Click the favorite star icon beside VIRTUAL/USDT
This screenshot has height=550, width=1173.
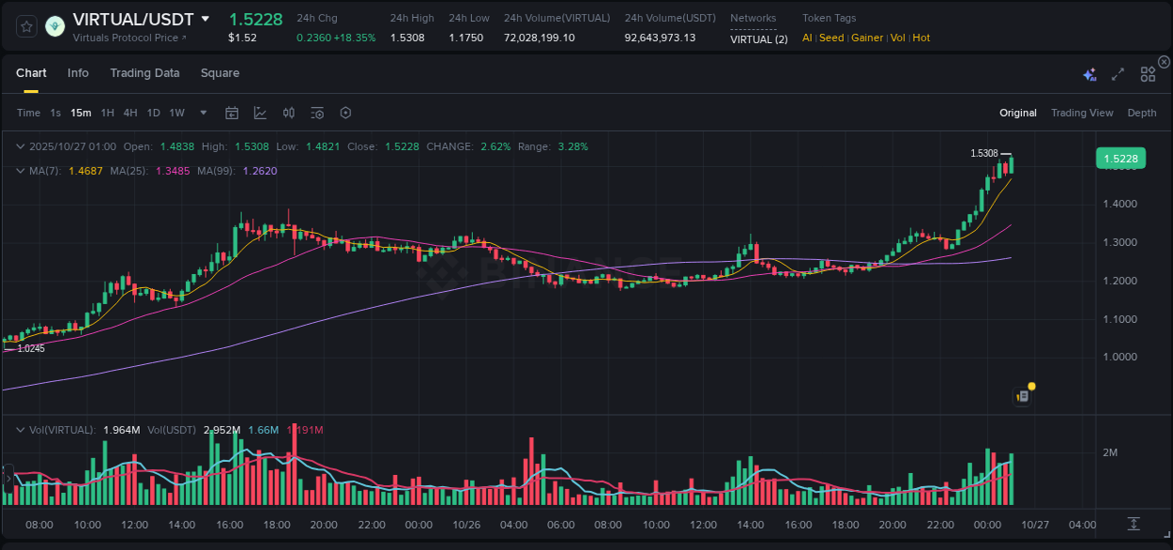27,26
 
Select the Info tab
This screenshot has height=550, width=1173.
78,73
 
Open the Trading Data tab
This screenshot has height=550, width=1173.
145,73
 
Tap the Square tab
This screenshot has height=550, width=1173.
220,73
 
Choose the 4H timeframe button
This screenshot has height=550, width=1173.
130,113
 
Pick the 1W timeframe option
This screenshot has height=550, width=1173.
176,113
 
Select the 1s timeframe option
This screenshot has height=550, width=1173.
55,113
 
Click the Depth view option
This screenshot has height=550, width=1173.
1142,113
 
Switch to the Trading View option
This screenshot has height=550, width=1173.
1082,113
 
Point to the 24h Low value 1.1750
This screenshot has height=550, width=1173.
467,38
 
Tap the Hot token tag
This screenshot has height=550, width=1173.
921,38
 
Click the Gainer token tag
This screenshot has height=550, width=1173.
868,38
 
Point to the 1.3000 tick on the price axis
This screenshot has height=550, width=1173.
1120,242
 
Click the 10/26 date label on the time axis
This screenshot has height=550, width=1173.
466,525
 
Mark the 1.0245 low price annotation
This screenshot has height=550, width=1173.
31,348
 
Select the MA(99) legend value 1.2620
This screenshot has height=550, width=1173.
260,171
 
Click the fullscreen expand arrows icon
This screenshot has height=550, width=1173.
1118,74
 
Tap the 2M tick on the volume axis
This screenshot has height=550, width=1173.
1109,452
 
